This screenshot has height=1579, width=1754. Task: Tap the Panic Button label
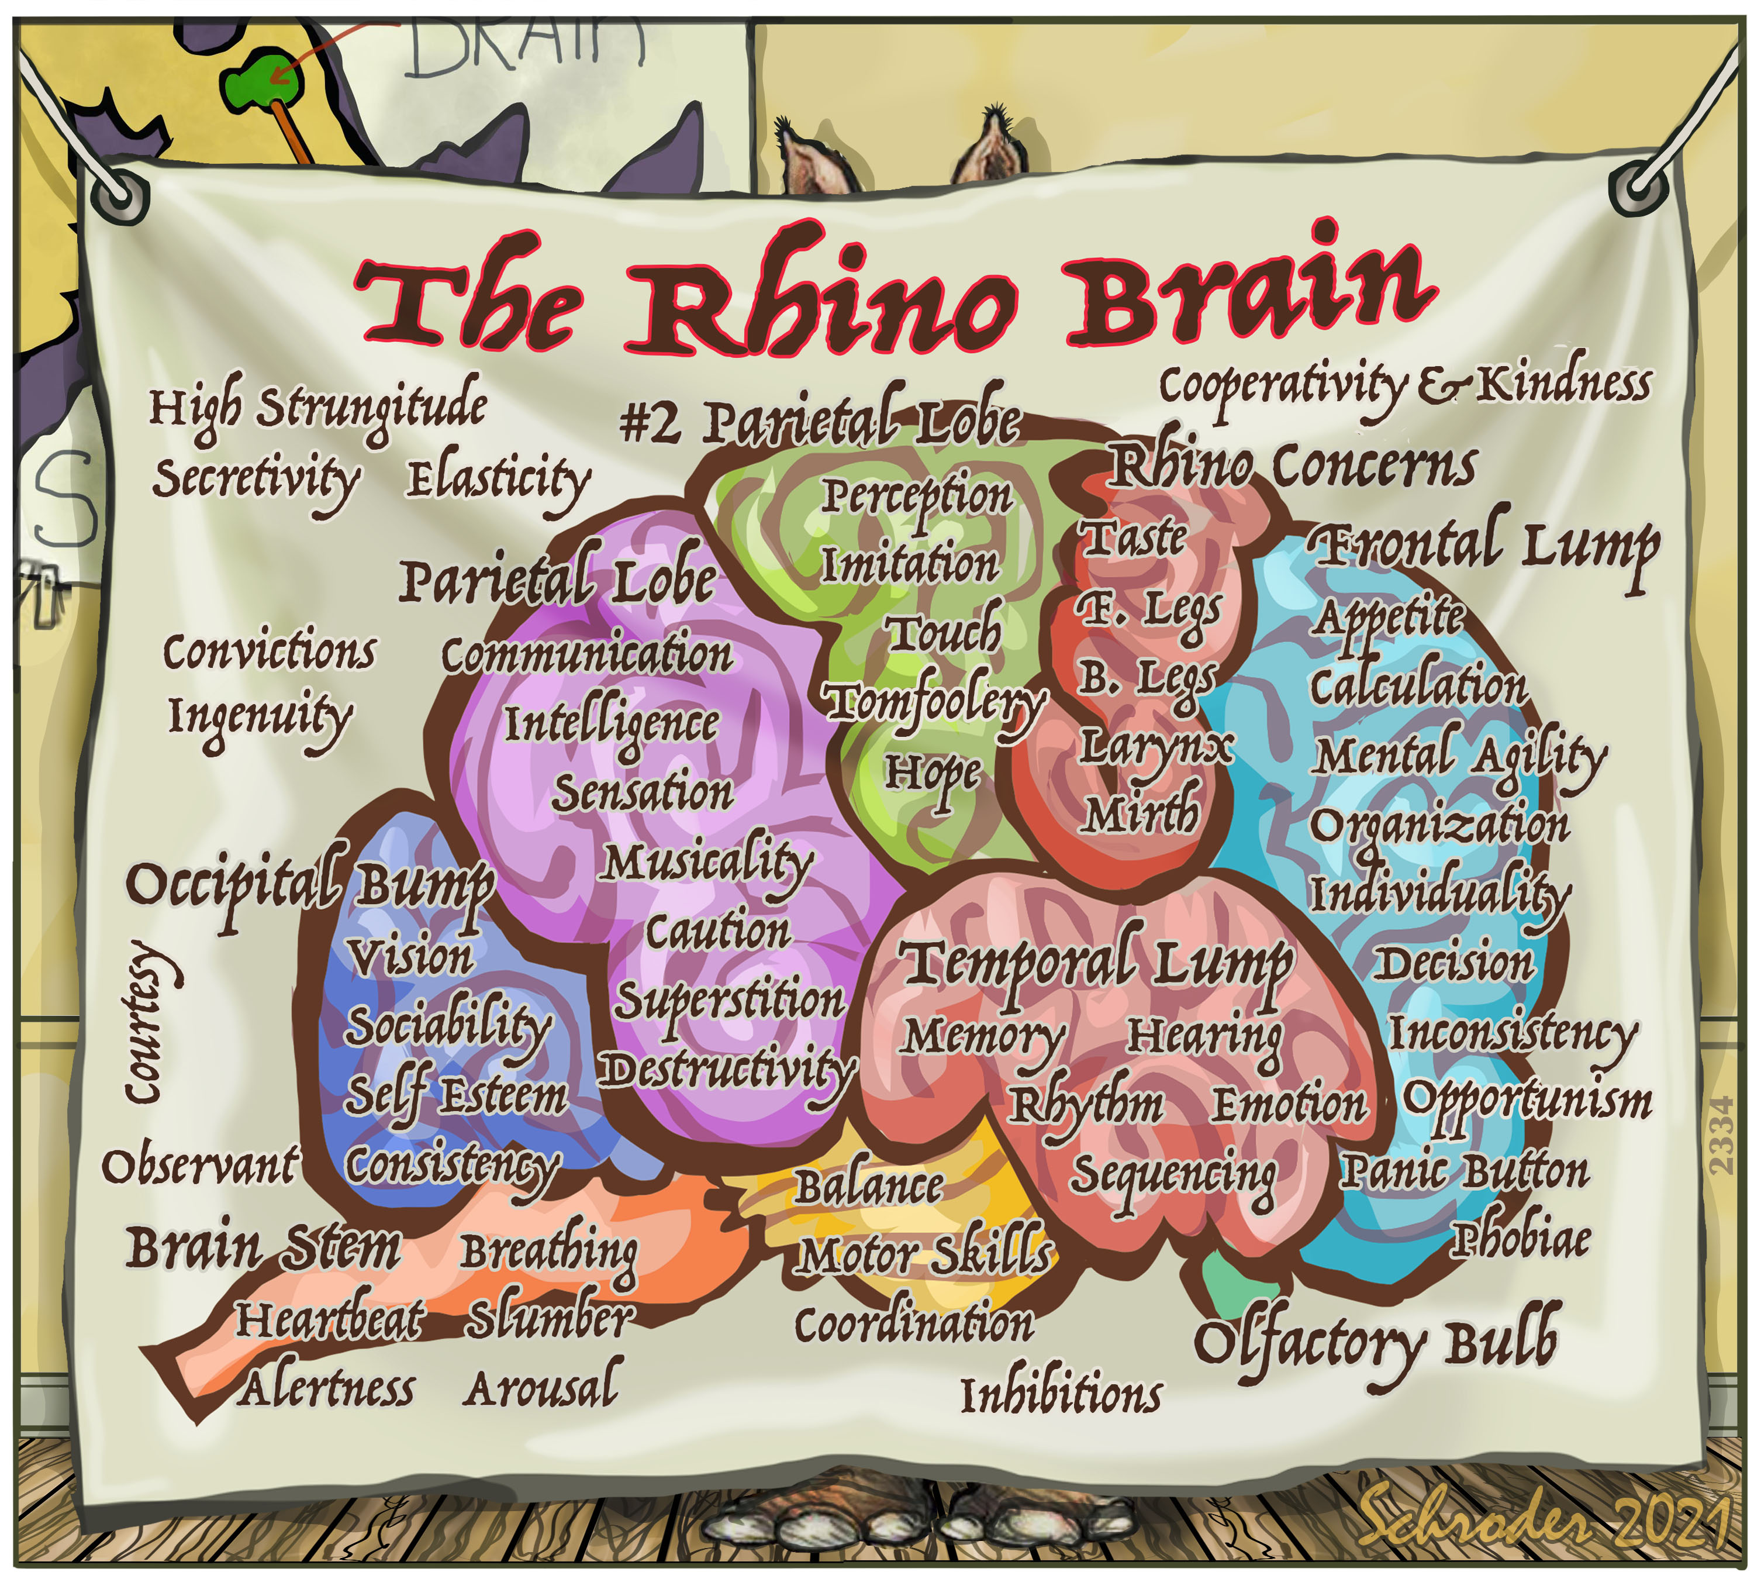(1464, 1172)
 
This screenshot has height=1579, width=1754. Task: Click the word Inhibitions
(1060, 1395)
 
